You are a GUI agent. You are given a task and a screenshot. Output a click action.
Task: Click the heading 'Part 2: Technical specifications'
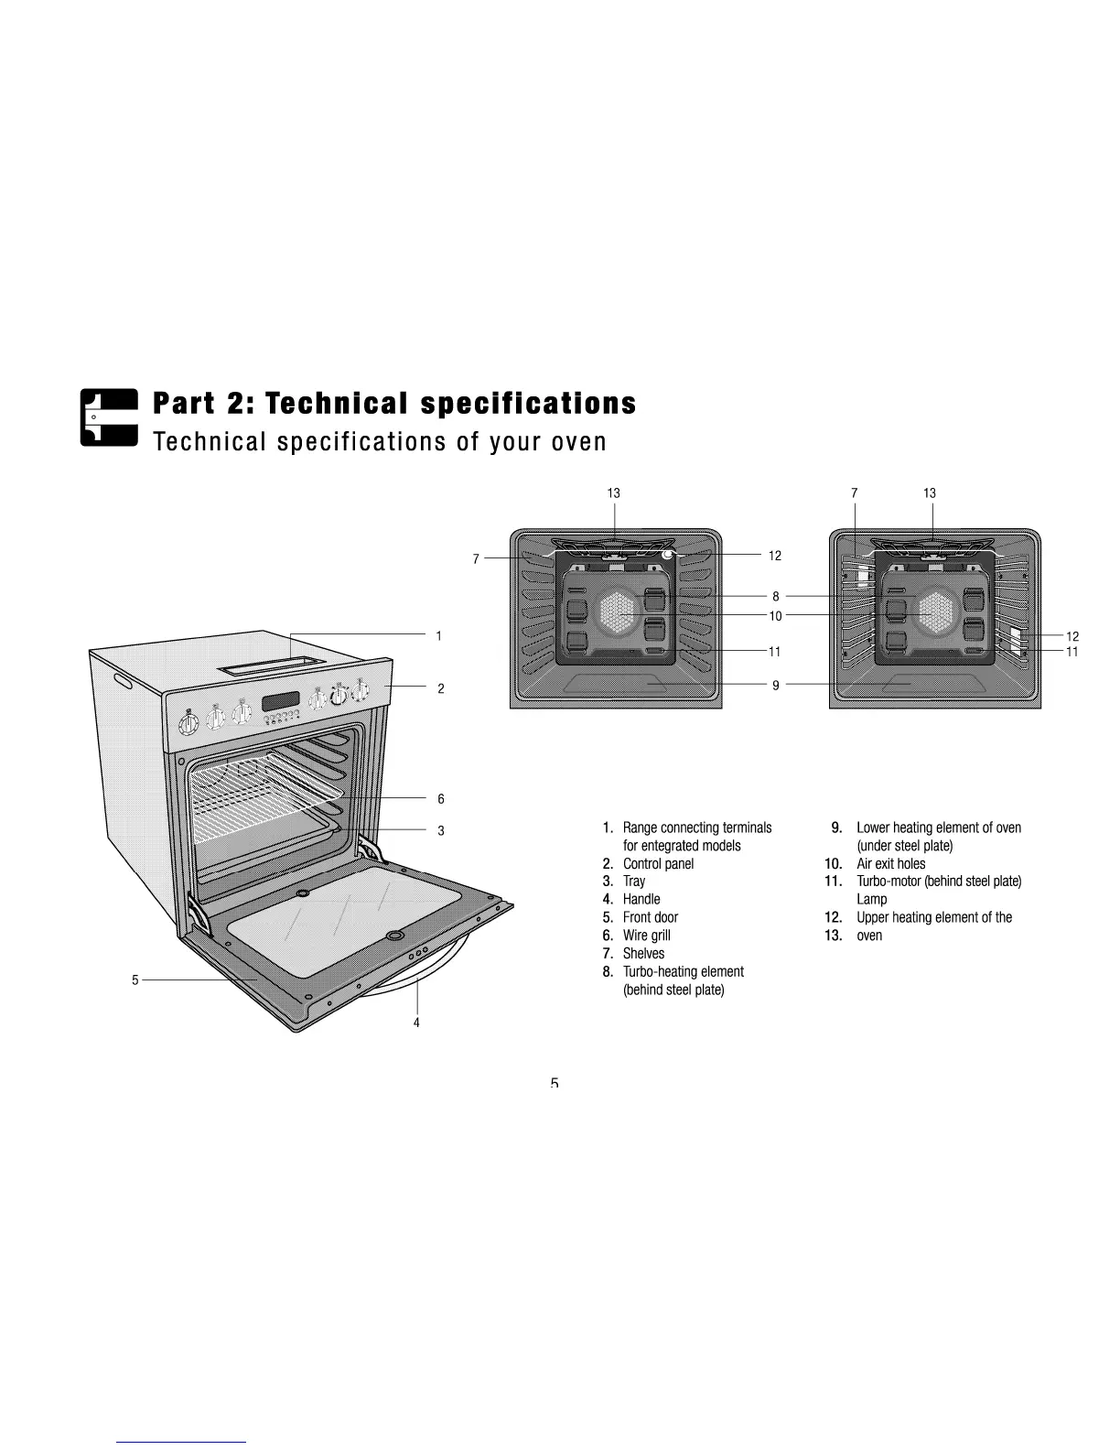point(393,404)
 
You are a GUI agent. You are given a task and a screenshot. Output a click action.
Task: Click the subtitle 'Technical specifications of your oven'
point(380,442)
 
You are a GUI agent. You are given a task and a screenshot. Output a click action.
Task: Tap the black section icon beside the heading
point(108,417)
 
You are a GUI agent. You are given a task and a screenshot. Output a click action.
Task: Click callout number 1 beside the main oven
point(439,635)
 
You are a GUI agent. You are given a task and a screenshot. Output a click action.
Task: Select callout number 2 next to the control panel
point(440,688)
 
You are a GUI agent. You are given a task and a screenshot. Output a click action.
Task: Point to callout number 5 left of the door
point(135,979)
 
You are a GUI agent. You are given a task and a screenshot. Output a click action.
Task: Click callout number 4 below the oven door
point(416,1023)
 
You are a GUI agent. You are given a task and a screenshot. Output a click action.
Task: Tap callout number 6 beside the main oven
point(440,799)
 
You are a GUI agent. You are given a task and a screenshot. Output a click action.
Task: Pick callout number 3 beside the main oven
point(440,831)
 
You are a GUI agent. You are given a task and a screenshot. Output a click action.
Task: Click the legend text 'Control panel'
point(658,863)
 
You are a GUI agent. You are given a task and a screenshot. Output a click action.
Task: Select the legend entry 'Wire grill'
point(646,936)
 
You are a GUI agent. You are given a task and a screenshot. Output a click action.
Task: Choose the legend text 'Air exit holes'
point(890,863)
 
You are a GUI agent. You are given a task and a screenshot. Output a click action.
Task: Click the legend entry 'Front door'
point(650,917)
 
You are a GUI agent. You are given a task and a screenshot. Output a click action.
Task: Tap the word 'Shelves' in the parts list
point(643,953)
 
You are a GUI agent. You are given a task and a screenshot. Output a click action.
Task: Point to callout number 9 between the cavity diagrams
point(775,684)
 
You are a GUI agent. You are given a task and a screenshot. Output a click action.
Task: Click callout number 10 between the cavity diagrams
point(775,616)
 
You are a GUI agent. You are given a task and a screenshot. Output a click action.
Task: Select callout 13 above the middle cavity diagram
point(613,493)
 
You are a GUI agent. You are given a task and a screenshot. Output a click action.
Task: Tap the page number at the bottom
point(555,1084)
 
